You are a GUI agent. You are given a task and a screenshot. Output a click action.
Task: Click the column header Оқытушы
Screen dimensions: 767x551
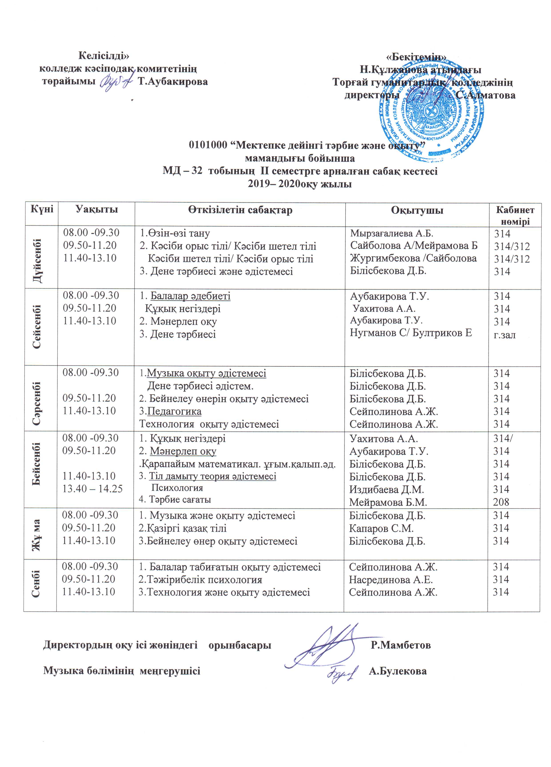pos(417,210)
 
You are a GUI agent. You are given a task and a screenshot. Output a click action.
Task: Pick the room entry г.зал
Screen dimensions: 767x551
pos(505,335)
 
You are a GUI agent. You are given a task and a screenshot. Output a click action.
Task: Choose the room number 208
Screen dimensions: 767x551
pos(501,502)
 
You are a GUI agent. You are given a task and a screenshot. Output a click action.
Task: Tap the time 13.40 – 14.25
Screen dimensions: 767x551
pos(92,489)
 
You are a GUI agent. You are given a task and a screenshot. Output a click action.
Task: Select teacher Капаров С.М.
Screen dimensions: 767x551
pos(381,528)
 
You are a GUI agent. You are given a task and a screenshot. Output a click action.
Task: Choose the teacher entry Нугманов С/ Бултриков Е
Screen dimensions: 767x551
pos(411,333)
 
